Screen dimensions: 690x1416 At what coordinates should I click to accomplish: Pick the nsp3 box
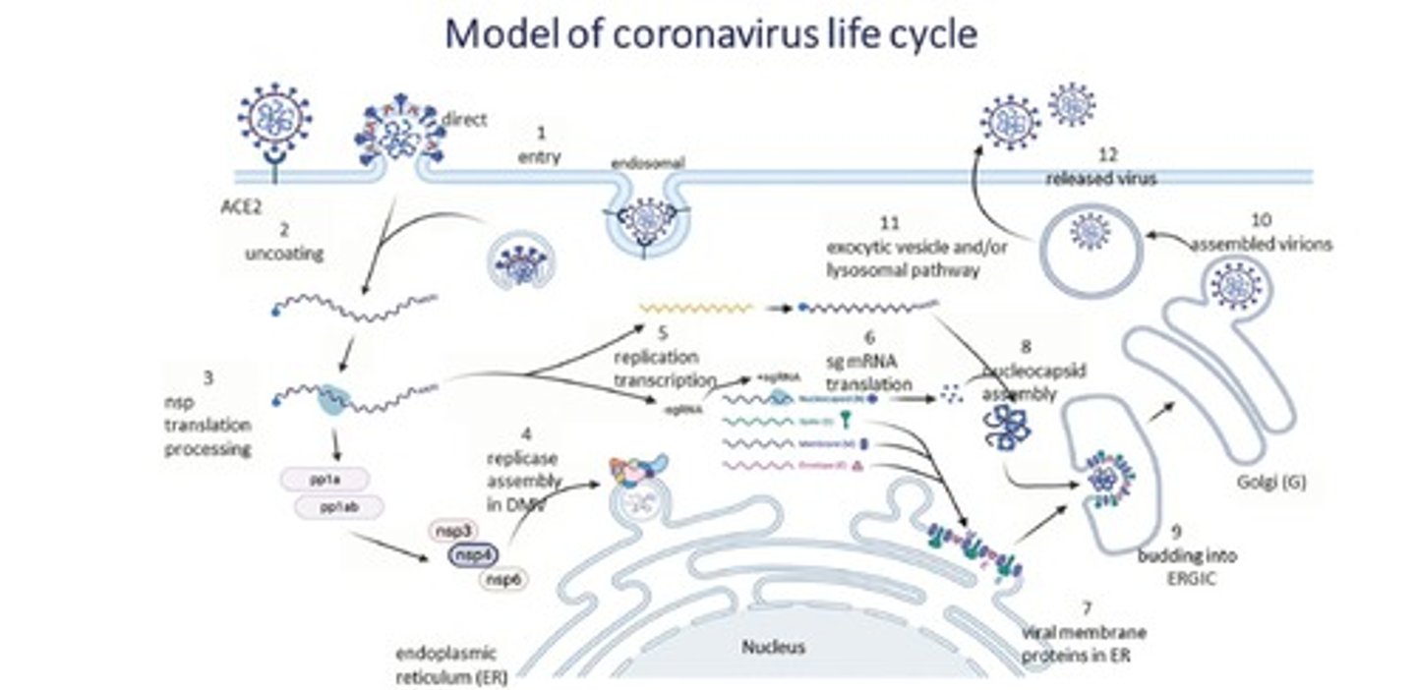point(453,531)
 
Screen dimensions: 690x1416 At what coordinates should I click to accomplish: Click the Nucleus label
point(773,647)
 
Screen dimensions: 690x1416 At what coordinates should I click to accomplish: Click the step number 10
point(1262,219)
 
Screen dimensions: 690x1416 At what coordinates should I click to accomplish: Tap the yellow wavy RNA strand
point(696,308)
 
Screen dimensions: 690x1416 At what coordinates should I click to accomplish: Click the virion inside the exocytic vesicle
point(1090,232)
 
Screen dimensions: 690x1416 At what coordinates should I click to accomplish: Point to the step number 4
point(526,432)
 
